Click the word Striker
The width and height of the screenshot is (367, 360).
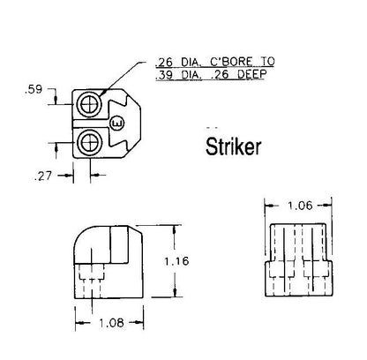[233, 146]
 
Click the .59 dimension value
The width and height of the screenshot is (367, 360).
[34, 89]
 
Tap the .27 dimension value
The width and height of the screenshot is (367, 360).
[43, 176]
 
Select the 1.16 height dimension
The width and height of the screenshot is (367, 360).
[176, 261]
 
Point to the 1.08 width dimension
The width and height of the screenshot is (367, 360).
[111, 323]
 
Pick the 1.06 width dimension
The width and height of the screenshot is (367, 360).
[300, 206]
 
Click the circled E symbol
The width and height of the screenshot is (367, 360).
[117, 124]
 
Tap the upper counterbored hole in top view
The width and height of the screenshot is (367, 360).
[89, 104]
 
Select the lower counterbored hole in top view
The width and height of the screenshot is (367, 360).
[89, 143]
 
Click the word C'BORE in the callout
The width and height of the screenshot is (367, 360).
[231, 62]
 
